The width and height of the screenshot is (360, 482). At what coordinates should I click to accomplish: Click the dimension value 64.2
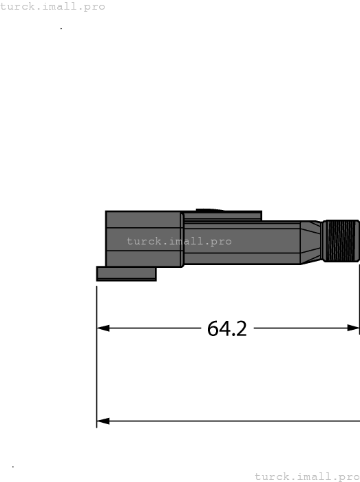[226, 328]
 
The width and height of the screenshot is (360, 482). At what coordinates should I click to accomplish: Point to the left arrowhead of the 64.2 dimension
[103, 328]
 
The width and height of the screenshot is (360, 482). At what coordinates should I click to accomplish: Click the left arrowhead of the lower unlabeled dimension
[103, 421]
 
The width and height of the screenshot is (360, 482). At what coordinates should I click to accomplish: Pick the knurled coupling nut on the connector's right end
[341, 241]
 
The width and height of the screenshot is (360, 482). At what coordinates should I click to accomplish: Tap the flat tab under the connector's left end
[126, 273]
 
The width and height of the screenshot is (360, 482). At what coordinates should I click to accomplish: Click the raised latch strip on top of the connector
[222, 216]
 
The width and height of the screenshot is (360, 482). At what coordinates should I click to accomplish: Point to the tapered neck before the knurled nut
[311, 242]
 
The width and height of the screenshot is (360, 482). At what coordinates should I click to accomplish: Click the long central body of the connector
[241, 242]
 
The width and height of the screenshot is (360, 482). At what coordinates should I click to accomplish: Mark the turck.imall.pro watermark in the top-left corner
[53, 7]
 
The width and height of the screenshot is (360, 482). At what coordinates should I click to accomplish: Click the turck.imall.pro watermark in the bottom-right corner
[307, 476]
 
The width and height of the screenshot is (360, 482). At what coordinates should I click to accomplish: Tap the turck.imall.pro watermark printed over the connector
[179, 242]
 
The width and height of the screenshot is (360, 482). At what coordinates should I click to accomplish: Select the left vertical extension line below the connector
[96, 358]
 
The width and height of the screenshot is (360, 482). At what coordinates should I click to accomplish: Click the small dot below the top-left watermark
[61, 28]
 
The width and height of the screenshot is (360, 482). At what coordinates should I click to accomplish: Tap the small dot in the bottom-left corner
[13, 467]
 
